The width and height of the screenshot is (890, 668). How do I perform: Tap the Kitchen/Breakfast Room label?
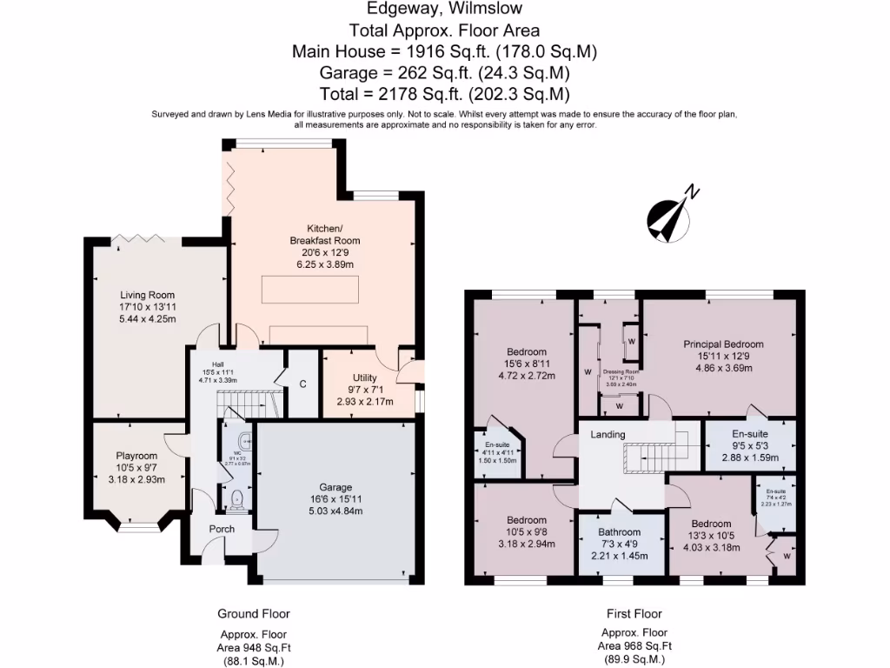tap(324, 234)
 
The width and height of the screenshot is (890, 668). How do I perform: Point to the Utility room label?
tap(363, 378)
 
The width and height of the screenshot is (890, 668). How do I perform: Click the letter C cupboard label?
tap(302, 383)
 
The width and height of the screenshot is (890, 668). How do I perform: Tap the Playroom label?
tap(136, 456)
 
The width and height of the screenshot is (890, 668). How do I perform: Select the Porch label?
tap(222, 529)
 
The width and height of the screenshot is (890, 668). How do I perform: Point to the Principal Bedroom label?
tap(724, 344)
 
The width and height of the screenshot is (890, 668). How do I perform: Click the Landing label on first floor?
tap(608, 435)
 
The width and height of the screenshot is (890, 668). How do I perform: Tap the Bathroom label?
tap(620, 532)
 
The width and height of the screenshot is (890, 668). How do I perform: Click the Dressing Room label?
tap(621, 371)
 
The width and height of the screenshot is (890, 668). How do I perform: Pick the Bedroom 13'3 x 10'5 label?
tap(710, 524)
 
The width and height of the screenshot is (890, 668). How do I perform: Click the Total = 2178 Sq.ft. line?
tap(444, 94)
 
